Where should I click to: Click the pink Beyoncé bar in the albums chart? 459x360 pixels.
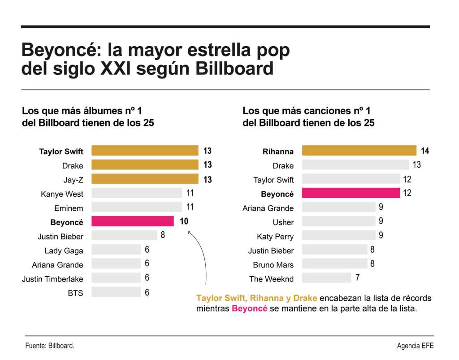coord(133,221)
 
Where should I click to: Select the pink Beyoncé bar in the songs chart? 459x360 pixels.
coord(351,193)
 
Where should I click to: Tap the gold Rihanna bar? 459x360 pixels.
coord(359,151)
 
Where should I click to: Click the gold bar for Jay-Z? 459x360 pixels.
coord(145,179)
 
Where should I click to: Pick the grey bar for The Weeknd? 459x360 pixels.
coord(326,278)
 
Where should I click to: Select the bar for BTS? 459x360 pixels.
coord(116,292)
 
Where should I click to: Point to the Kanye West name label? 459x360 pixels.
coord(62,194)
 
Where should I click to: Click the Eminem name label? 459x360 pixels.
coord(69,208)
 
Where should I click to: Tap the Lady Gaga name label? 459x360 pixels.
coord(64,251)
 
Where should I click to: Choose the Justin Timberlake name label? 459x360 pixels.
coord(52,279)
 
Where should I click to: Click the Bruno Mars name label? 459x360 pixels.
coord(273,265)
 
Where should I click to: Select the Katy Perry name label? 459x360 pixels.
coord(275,236)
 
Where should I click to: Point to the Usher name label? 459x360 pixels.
coord(283,222)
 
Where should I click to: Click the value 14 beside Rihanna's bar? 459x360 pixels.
coord(424,151)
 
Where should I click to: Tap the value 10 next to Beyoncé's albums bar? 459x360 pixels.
coord(184,221)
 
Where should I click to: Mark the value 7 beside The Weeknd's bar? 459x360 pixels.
coord(357,278)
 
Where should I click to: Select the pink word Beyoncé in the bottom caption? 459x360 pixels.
coord(249,308)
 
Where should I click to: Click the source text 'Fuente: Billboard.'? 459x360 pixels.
coord(49,346)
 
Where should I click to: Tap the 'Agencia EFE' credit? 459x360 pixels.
coord(415,346)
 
